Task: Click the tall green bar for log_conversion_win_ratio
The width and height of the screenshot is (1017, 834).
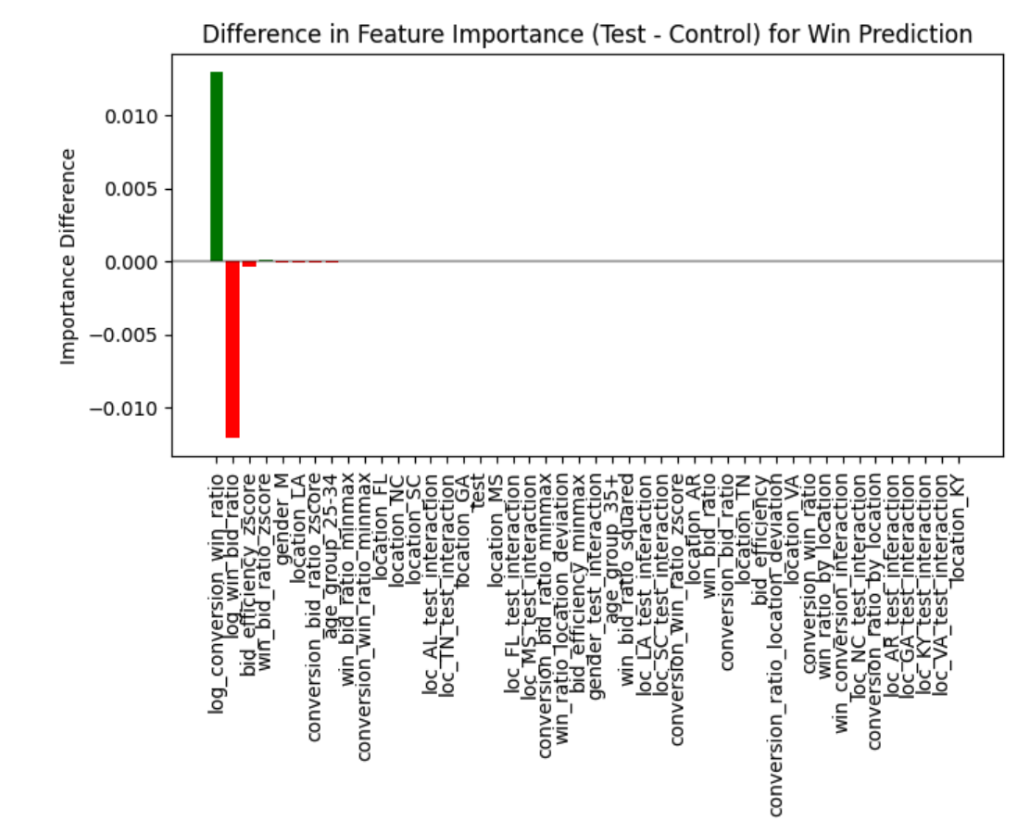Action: point(217,167)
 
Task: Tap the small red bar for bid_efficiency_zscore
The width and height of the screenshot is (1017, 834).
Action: point(249,264)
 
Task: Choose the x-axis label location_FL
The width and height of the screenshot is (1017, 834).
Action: point(382,515)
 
